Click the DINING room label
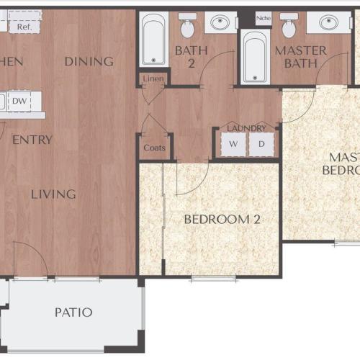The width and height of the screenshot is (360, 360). coord(89,61)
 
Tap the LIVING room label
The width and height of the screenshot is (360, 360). coord(53,194)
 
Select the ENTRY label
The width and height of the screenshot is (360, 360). coord(32,140)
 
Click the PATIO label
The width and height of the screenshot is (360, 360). coord(73,312)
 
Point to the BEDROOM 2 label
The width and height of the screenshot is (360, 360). coord(222,219)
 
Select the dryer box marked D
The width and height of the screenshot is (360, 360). coord(261,144)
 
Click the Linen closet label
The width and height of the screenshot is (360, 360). coord(153,78)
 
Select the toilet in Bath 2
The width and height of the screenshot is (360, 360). coord(187,26)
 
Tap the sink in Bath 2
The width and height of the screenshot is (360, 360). coord(220,23)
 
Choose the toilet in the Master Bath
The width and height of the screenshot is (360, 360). coord(289,26)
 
